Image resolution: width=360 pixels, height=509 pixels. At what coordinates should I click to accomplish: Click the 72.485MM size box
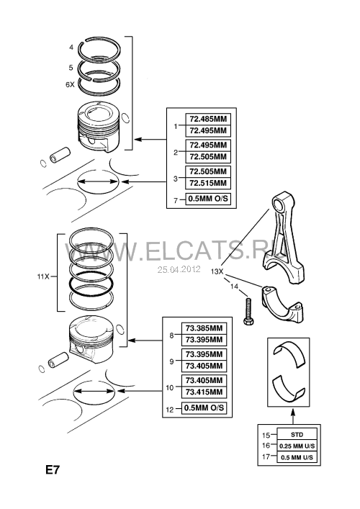click(x=208, y=119)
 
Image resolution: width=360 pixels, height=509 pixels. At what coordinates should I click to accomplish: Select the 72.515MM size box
click(x=208, y=183)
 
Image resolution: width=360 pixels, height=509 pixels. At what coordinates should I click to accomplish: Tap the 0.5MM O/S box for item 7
click(x=208, y=199)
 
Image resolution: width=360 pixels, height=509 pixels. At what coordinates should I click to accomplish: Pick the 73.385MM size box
click(x=204, y=328)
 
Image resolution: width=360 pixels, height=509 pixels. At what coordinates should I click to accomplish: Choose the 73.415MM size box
click(x=204, y=392)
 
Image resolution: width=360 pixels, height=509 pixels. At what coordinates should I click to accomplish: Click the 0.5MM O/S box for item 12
click(x=204, y=408)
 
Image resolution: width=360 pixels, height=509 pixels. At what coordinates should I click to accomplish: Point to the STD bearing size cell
click(x=297, y=435)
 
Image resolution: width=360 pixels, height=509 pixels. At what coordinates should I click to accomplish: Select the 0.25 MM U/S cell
click(x=297, y=446)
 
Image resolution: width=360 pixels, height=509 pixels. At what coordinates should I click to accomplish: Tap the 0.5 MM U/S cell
click(x=297, y=457)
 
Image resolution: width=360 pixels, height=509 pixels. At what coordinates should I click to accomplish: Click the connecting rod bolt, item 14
click(x=248, y=311)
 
